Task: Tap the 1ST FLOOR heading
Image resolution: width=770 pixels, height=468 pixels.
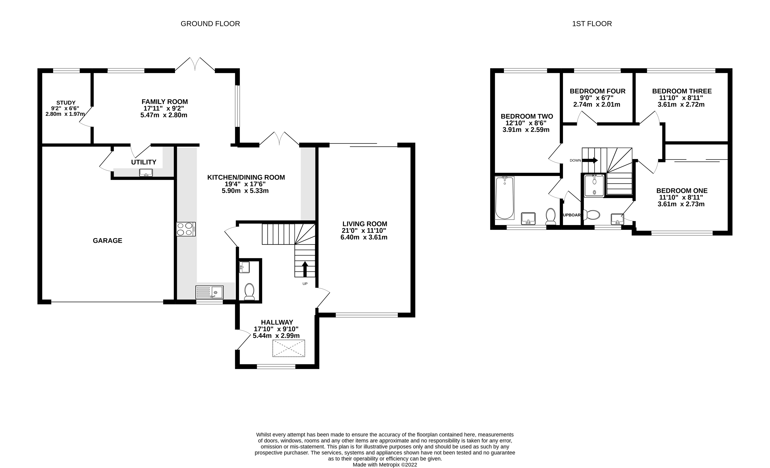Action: coord(591,24)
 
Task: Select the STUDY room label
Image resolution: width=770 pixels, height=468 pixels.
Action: coord(66,103)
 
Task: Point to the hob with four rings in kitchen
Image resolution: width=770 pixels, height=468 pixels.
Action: coord(186,229)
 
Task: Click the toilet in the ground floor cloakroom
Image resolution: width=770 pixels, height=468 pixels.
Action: coord(249,292)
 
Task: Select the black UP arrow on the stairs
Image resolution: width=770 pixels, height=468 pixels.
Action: coord(305,269)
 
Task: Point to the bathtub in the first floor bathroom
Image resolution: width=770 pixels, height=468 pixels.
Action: coord(504,198)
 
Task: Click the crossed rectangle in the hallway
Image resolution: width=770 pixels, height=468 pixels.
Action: coord(289,348)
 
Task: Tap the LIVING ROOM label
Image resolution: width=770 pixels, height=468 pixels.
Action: coord(364,224)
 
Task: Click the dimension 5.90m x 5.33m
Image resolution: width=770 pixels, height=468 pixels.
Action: coord(245,191)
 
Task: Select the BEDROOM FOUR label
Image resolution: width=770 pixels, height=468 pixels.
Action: coord(597,91)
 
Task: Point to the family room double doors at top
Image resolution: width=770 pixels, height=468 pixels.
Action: coord(195,64)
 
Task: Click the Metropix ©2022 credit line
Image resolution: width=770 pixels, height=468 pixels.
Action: coord(385,464)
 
